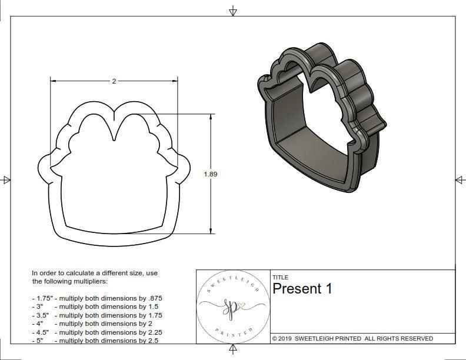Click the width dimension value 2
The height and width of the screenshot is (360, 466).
(x=114, y=81)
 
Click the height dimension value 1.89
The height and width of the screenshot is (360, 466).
(x=211, y=174)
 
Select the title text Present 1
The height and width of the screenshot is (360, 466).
(x=302, y=289)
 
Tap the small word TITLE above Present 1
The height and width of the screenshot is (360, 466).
(x=279, y=277)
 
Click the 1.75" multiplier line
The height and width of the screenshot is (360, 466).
(x=97, y=298)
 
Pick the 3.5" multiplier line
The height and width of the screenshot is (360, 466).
(x=97, y=315)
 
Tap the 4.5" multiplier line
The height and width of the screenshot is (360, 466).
(x=97, y=332)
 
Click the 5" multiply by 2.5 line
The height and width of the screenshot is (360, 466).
(x=95, y=341)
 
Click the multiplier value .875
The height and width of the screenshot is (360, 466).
(x=154, y=298)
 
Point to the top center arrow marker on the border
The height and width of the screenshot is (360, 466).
(x=233, y=11)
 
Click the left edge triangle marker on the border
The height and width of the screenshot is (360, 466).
(x=6, y=180)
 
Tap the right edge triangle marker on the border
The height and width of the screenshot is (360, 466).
(x=460, y=180)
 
